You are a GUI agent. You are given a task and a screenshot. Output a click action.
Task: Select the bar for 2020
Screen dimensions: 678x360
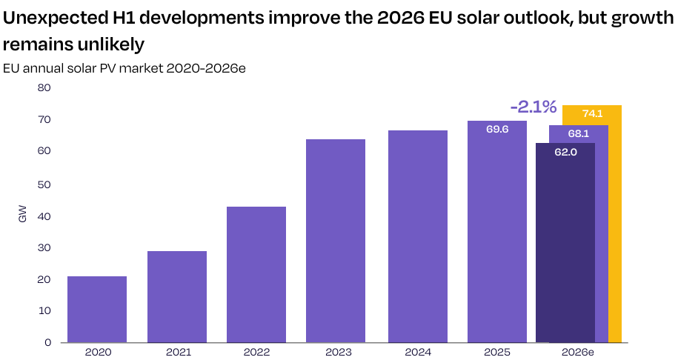click(97, 310)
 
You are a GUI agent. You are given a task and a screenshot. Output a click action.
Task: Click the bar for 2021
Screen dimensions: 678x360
click(177, 297)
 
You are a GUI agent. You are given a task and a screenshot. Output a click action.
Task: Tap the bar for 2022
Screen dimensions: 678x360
click(256, 275)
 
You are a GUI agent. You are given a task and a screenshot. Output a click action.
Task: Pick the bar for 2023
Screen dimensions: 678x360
click(336, 241)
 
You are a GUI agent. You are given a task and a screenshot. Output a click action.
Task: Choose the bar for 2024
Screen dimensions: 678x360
click(418, 236)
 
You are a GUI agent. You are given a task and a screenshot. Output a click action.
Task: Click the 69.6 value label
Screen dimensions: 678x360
click(497, 129)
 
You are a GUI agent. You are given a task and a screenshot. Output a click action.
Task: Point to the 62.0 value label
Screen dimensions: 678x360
click(565, 152)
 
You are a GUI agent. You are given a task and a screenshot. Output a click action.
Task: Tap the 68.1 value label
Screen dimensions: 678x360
click(579, 133)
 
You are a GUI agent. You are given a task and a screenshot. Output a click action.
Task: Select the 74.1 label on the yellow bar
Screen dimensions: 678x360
click(592, 113)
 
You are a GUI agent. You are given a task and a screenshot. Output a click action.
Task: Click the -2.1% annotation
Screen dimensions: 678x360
click(534, 107)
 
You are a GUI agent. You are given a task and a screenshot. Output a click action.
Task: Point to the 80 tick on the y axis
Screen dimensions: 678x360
click(44, 87)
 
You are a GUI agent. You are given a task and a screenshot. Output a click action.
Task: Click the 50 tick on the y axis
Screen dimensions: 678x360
click(44, 184)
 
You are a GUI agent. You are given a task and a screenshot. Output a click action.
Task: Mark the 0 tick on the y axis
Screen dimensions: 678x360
click(47, 343)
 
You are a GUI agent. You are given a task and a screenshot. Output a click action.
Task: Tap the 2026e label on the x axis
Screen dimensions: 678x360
click(578, 352)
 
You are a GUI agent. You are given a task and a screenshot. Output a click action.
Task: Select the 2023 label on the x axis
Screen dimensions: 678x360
click(339, 352)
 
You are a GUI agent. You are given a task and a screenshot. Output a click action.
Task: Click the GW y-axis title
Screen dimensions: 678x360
click(23, 214)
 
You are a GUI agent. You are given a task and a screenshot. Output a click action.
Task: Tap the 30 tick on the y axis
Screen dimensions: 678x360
click(44, 247)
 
